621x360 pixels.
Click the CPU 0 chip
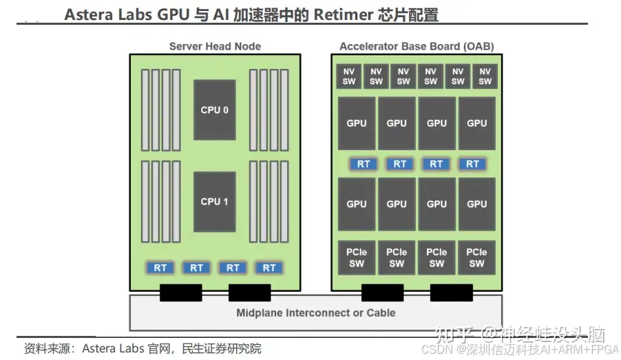point(214,110)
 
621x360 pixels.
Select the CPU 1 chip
point(214,202)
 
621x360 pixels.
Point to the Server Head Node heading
point(215,47)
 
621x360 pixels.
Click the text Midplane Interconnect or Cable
point(315,313)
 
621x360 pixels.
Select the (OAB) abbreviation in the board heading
point(480,47)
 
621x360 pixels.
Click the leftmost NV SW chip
point(349,76)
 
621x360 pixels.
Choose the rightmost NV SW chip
point(485,76)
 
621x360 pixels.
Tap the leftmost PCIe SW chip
point(357,258)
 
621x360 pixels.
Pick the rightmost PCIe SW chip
point(476,258)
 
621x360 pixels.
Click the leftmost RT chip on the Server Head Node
point(160,267)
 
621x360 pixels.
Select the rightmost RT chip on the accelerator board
point(472,164)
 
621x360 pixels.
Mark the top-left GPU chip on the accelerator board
point(357,123)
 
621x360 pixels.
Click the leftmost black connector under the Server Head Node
point(180,293)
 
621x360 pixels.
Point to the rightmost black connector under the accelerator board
point(452,293)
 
